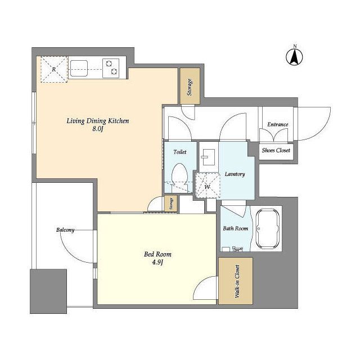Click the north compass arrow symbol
[294, 57]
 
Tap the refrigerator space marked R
[54, 69]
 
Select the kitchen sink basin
[79, 68]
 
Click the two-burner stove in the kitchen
[111, 68]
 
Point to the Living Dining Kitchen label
[98, 121]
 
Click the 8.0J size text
[98, 129]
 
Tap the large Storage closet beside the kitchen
[190, 86]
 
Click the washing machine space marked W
[208, 186]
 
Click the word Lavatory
[235, 174]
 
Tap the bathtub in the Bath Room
[268, 229]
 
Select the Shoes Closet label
[276, 150]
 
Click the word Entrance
[277, 124]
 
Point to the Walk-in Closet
[236, 281]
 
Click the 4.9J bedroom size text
[157, 262]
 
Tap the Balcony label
[65, 230]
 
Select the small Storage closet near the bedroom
[171, 204]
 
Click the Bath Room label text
[235, 228]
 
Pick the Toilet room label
[180, 152]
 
